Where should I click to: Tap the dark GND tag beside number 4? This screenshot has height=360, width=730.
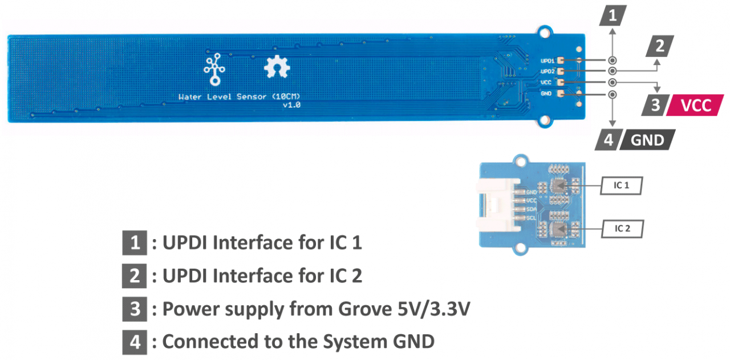pyautogui.click(x=648, y=140)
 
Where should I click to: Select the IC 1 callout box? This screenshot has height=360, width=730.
pyautogui.click(x=622, y=185)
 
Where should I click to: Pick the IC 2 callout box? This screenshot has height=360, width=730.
pyautogui.click(x=622, y=229)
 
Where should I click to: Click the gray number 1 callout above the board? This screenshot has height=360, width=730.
pyautogui.click(x=613, y=15)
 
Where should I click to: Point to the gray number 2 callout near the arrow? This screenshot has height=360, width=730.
pyautogui.click(x=660, y=46)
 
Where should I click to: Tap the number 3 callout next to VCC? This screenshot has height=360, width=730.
pyautogui.click(x=655, y=106)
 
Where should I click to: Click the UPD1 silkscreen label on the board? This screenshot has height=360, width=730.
pyautogui.click(x=547, y=60)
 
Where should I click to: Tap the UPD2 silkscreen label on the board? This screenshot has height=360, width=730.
pyautogui.click(x=547, y=71)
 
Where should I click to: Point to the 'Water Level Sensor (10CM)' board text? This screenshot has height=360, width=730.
pyautogui.click(x=238, y=97)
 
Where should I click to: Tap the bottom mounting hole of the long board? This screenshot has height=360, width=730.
pyautogui.click(x=545, y=120)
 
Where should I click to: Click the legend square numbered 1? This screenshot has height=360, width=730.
pyautogui.click(x=135, y=243)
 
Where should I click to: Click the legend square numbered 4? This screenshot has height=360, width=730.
pyautogui.click(x=135, y=342)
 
